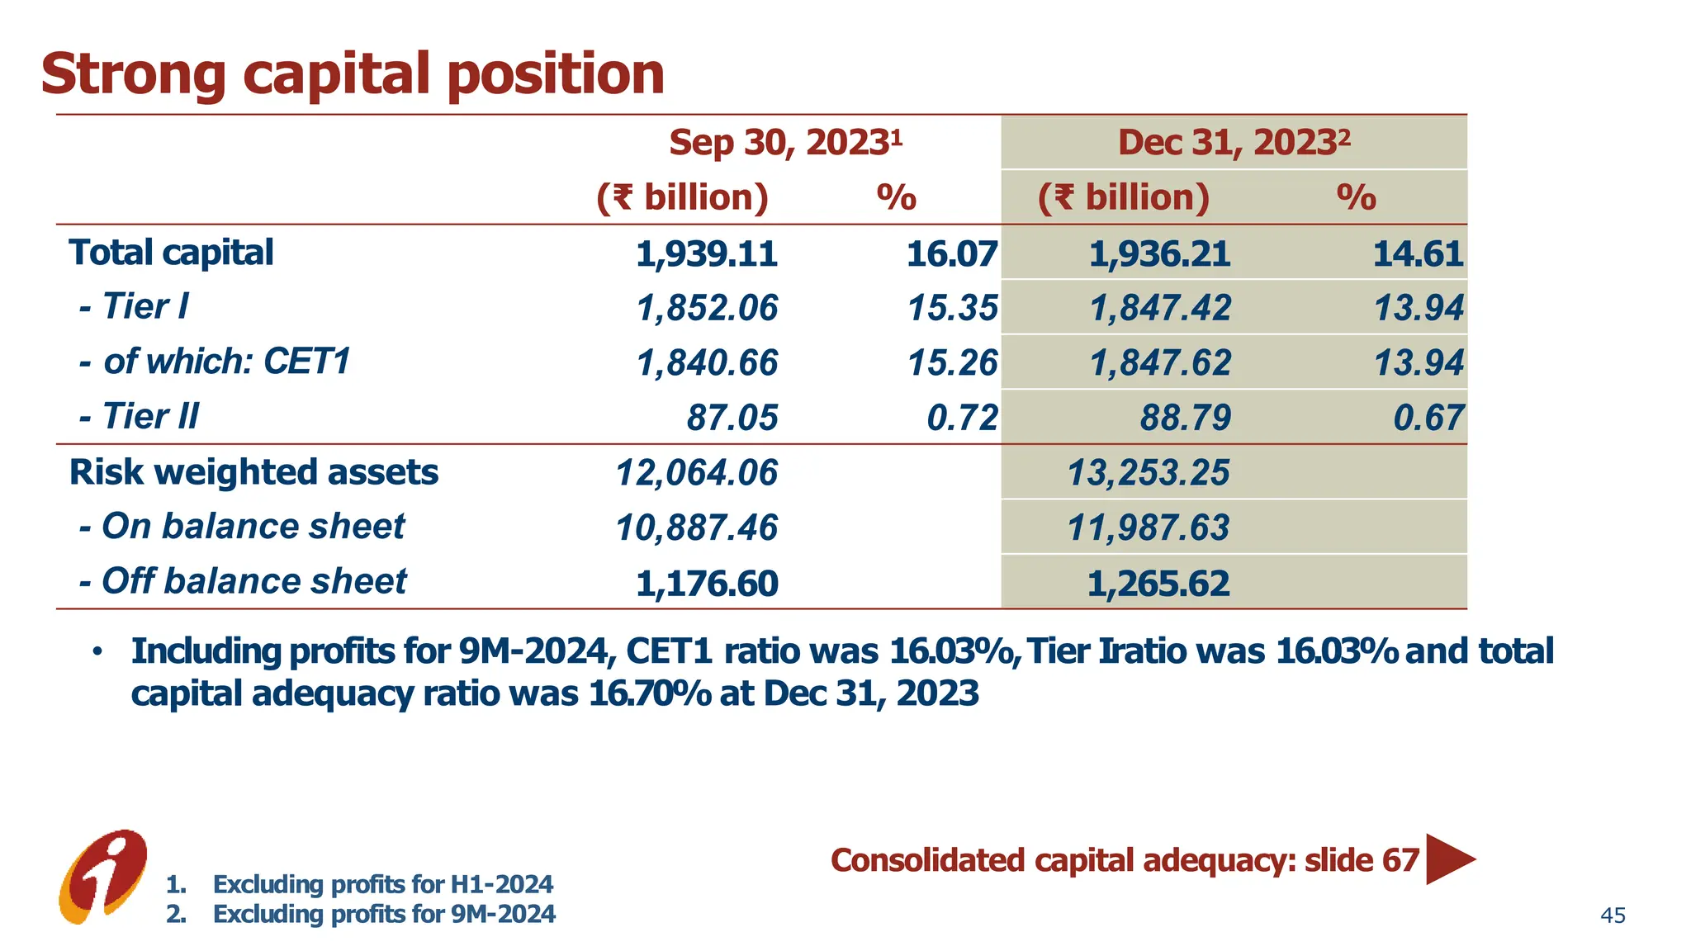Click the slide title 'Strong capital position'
(353, 74)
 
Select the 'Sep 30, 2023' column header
(784, 143)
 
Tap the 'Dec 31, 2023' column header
(1234, 143)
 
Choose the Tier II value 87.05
(732, 418)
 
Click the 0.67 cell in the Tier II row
(1428, 418)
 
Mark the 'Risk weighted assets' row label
(253, 473)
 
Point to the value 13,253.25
(1148, 473)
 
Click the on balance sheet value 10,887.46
(696, 528)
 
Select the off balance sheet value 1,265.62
(1158, 584)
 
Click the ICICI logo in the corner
(103, 876)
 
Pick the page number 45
(1613, 916)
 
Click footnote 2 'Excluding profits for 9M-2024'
(384, 915)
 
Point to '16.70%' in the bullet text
(650, 694)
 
